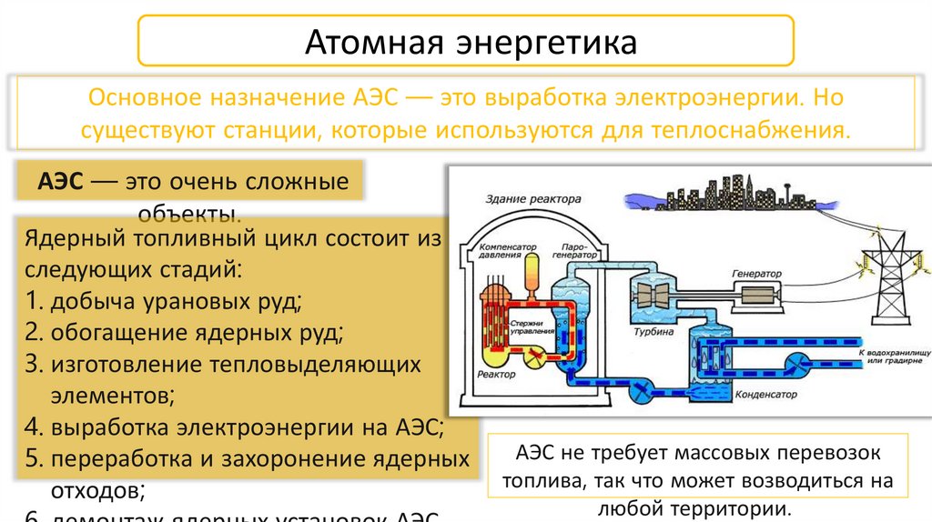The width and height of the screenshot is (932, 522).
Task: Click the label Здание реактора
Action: click(532, 198)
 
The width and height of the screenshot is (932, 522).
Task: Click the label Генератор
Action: click(756, 273)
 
